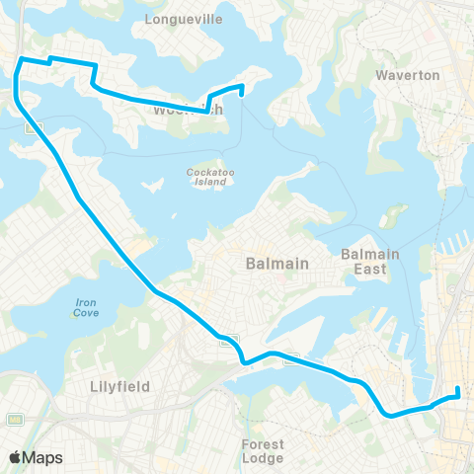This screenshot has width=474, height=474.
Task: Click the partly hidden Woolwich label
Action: tap(178, 111)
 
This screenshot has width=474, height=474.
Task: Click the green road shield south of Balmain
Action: tap(225, 337)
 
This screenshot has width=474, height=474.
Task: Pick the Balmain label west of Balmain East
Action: tap(277, 264)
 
